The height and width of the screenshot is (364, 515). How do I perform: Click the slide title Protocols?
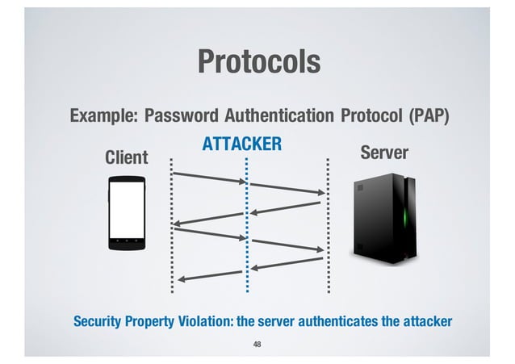coord(258,61)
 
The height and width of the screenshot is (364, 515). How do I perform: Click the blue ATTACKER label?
coord(241,144)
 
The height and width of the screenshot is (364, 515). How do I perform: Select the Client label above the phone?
coord(127,157)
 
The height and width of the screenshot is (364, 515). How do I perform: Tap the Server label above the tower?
coord(384,153)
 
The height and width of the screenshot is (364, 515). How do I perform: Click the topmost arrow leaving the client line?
coord(209,178)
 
